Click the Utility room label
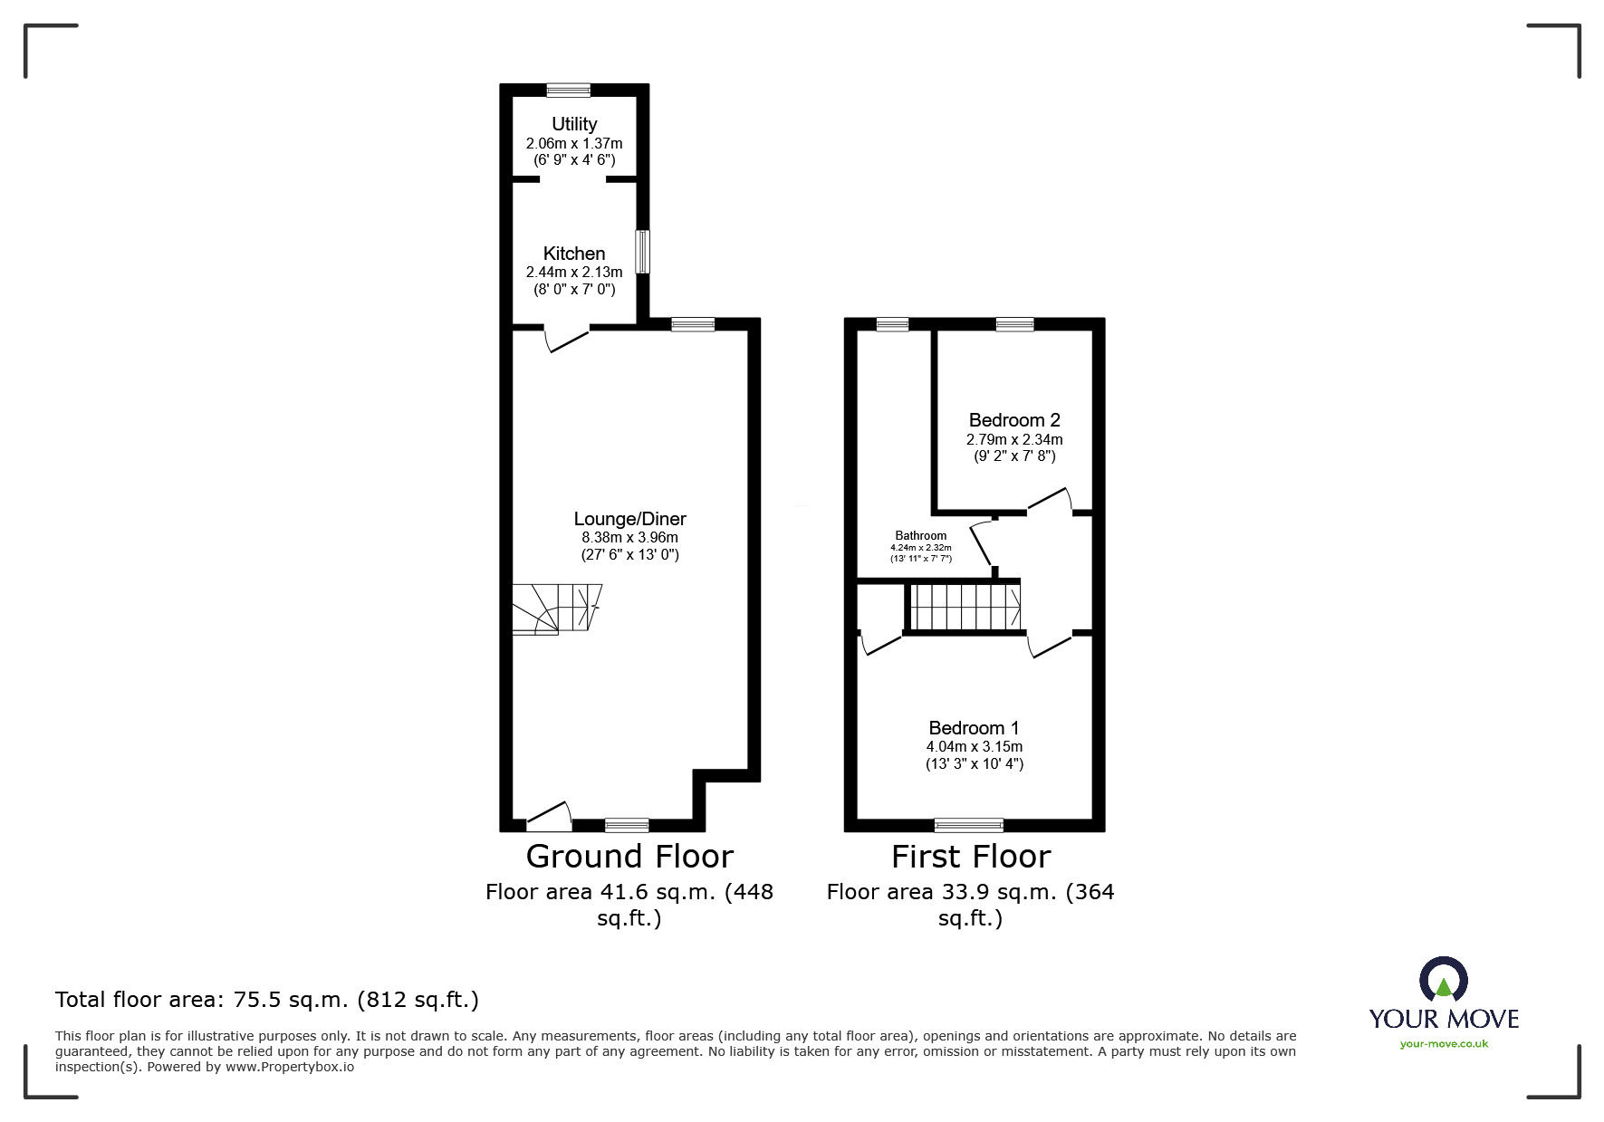[x=574, y=124]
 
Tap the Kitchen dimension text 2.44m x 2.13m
[x=574, y=273]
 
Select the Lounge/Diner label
[x=629, y=519]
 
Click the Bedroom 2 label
[x=1013, y=420]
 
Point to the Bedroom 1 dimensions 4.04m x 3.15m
[x=974, y=747]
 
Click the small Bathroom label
[x=920, y=536]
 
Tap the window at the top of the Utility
[x=569, y=90]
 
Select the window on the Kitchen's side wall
[x=642, y=252]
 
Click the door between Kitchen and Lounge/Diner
[x=566, y=338]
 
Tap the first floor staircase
[x=965, y=607]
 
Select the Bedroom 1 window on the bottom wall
[x=968, y=825]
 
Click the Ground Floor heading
[x=629, y=857]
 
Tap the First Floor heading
[x=970, y=857]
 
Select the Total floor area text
[x=266, y=1000]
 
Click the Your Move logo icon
[x=1443, y=980]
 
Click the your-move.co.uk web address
[x=1444, y=1044]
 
